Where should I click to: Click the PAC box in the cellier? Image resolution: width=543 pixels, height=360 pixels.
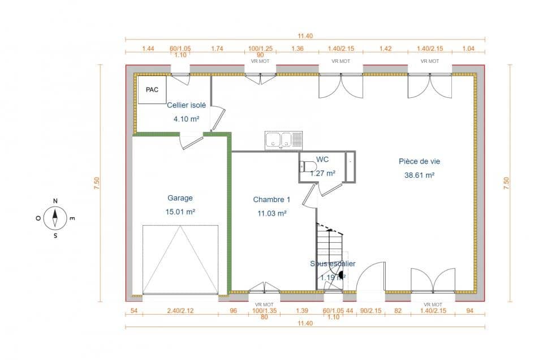[152, 89]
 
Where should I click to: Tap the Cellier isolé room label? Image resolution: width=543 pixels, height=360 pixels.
[186, 105]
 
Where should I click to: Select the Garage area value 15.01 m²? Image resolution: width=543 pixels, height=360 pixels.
[180, 212]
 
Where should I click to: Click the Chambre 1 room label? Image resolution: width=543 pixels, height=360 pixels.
[271, 199]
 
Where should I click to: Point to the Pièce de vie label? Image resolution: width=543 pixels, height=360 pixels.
[419, 161]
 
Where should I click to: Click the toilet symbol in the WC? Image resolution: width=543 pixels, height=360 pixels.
[308, 167]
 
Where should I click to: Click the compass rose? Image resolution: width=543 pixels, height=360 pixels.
[55, 218]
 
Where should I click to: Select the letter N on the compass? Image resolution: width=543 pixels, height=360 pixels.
[55, 201]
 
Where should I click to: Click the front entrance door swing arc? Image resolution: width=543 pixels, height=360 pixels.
[370, 276]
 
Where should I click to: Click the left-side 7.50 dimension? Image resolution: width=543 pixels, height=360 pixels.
[97, 183]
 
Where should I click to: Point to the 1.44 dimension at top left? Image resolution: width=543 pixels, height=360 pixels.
[148, 49]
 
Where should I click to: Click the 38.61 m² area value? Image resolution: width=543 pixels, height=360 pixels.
[419, 175]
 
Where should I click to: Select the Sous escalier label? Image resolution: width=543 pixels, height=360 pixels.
[333, 264]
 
